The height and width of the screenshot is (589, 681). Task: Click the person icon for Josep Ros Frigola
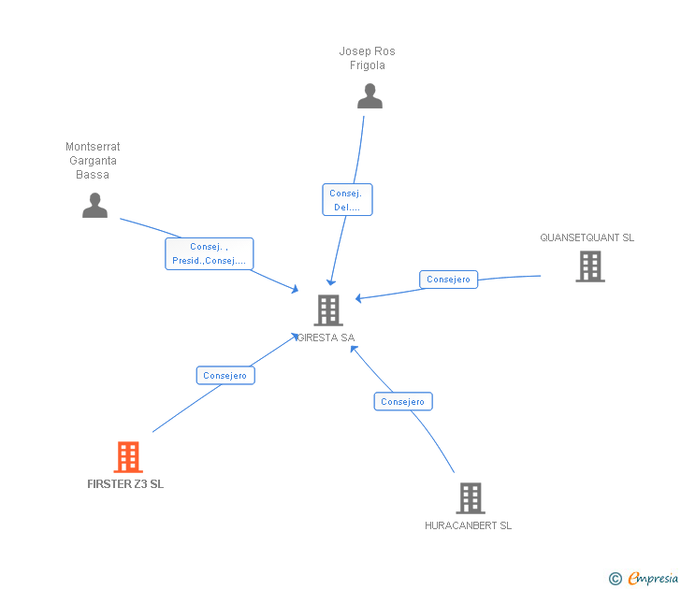[369, 96]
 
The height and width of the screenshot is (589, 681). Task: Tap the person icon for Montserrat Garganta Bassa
[94, 205]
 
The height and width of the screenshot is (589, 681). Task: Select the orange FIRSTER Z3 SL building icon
[128, 457]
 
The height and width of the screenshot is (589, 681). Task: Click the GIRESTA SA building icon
[328, 309]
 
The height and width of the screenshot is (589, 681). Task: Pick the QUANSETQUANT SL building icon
[589, 266]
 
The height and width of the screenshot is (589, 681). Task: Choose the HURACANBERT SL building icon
[471, 498]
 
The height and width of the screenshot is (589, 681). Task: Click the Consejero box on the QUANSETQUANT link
[448, 280]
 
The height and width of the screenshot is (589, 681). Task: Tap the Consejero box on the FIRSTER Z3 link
[225, 375]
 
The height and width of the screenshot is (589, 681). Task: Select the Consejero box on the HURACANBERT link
[403, 401]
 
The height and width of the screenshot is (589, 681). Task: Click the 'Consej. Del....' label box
[347, 200]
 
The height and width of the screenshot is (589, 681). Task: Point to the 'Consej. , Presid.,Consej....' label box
[210, 253]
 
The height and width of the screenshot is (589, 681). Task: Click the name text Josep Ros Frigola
[368, 58]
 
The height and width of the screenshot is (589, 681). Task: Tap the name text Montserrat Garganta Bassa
[93, 161]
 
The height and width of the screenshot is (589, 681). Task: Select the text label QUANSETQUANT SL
[587, 237]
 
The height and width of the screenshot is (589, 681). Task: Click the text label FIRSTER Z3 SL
[125, 484]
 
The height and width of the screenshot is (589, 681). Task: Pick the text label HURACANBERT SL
[468, 525]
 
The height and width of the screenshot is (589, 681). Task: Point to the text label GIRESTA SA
[326, 338]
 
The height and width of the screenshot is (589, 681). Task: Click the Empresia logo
[653, 579]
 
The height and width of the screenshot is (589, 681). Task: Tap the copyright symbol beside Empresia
[616, 579]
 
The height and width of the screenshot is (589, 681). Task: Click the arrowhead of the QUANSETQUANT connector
[358, 298]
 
